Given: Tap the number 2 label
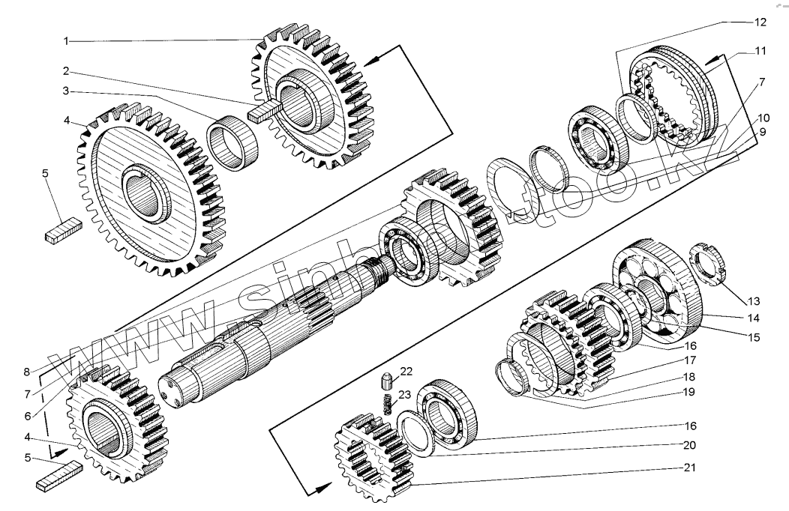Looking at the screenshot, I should (67, 71).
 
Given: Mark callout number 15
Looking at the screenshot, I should (754, 337).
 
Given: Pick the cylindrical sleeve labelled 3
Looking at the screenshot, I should (232, 145).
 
